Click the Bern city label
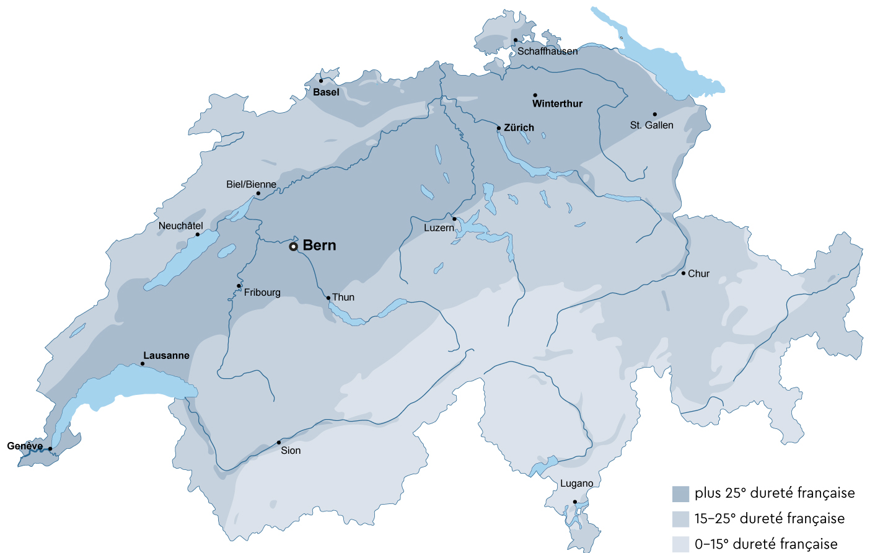tap(319, 246)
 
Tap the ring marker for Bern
tap(294, 247)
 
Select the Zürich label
tap(519, 128)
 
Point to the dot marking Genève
tap(50, 449)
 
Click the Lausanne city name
tap(166, 355)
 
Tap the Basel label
tap(326, 92)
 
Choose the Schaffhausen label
tap(547, 51)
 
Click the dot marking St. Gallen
tap(654, 114)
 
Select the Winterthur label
tap(557, 104)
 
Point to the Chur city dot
tap(684, 273)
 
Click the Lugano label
tap(576, 484)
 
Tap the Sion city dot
tap(279, 443)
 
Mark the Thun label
tap(343, 298)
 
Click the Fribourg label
tap(262, 293)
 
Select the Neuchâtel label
tap(180, 226)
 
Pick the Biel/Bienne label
tap(251, 184)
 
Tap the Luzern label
tap(439, 228)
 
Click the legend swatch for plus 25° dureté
tap(680, 493)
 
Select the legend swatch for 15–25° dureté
tap(680, 519)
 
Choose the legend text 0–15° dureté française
tap(766, 544)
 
